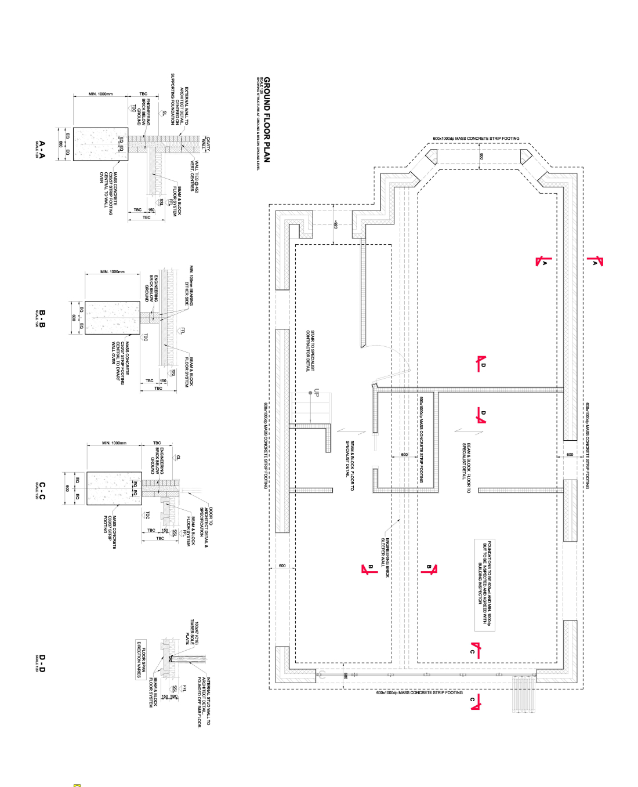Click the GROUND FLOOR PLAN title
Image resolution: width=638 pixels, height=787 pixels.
(267, 119)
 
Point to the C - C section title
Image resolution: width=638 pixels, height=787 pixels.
(41, 490)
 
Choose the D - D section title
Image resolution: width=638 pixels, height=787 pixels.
(41, 663)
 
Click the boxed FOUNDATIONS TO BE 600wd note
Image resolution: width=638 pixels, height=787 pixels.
(485, 584)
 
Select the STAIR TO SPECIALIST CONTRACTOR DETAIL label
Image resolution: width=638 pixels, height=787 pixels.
(310, 351)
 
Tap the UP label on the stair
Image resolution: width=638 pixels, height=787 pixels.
(317, 393)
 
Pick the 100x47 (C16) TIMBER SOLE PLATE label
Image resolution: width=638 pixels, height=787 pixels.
(192, 633)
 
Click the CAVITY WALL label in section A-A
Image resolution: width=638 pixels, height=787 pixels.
(206, 144)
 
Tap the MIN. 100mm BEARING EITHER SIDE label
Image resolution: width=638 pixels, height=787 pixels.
(189, 285)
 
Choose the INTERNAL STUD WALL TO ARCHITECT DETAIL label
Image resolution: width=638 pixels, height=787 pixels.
(204, 702)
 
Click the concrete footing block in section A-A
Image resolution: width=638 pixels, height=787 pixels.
(100, 144)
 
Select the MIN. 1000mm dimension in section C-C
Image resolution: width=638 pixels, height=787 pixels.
(114, 443)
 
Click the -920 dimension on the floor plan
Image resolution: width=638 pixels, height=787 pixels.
(335, 224)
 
